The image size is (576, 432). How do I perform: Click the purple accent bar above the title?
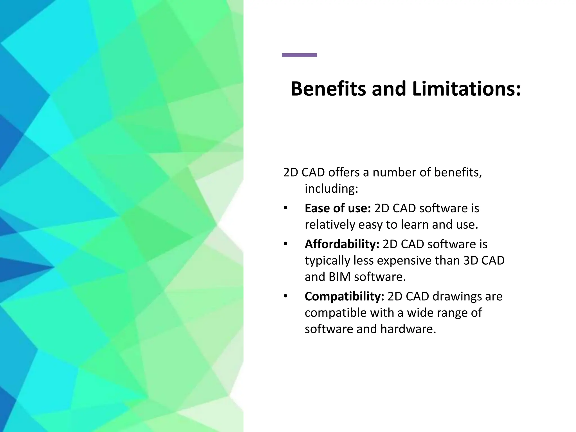coord(299,55)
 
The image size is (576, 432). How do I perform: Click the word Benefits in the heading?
coord(328,89)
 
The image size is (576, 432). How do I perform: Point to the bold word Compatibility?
coord(344,296)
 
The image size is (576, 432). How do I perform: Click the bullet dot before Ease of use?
coord(285,208)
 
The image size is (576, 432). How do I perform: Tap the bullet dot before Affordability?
coord(285,244)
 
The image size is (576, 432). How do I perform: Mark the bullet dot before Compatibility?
coord(285,296)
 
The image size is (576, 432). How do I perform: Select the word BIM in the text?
coord(339,277)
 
